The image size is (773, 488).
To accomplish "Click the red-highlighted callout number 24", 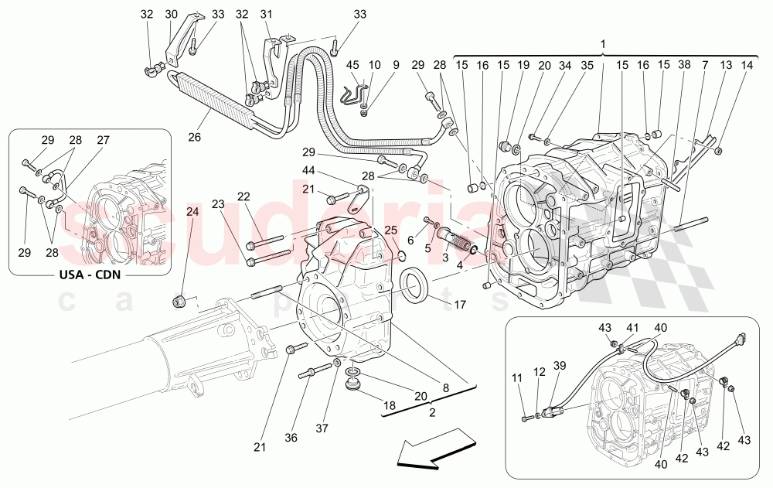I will [x=192, y=211].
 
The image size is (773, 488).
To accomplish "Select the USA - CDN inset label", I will [x=90, y=274].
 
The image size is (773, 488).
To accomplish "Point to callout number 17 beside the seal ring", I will [x=459, y=304].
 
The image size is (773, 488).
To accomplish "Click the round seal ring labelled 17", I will [x=415, y=282].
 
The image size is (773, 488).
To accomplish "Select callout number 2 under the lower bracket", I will [x=432, y=412].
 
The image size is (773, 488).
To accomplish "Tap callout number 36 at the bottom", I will [x=291, y=438].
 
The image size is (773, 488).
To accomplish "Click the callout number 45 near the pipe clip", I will [x=352, y=65].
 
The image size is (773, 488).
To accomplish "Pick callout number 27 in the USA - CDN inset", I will [x=103, y=140].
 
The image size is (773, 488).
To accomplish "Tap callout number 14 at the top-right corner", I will [x=745, y=66].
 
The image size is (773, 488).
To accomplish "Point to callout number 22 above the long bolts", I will [x=243, y=196].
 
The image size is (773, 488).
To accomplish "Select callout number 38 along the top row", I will [x=684, y=66].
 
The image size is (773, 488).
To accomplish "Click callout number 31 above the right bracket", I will [x=267, y=14].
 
